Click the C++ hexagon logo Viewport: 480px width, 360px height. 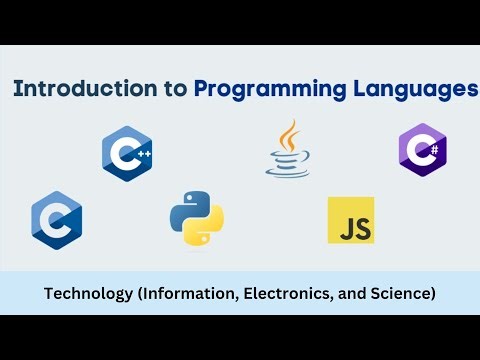point(127,153)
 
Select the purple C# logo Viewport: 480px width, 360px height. point(422,151)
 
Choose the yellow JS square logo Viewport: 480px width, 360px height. point(351,221)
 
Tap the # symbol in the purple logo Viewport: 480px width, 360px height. point(434,151)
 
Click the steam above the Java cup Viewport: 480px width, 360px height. point(290,134)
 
